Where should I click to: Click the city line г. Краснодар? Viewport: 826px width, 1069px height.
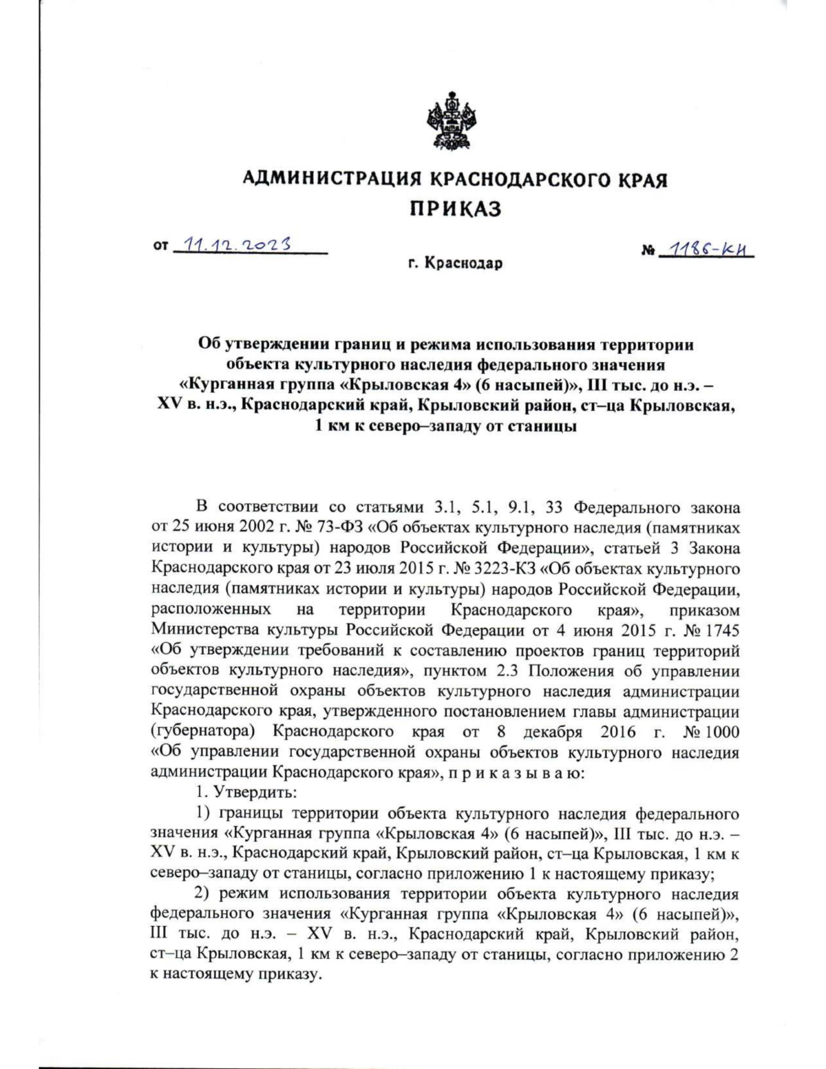pos(455,263)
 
